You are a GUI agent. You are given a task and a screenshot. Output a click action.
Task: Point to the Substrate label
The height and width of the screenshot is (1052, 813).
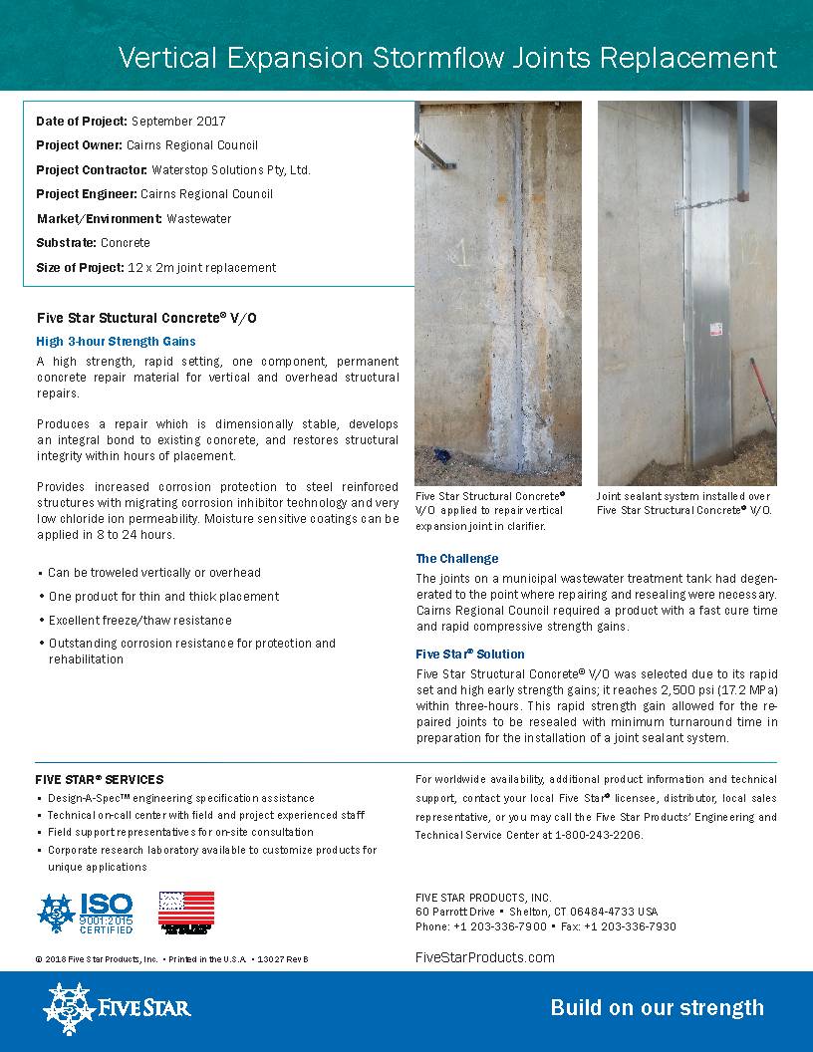coord(67,243)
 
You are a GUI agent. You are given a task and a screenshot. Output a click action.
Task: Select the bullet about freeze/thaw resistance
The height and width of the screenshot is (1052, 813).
coord(139,620)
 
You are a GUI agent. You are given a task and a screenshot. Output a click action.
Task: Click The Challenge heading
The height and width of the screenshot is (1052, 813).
coord(456,559)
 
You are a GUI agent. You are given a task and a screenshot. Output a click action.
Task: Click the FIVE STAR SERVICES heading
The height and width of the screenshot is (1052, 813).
coord(99,780)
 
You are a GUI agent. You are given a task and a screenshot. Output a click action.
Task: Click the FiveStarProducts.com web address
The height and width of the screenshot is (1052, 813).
coord(484,957)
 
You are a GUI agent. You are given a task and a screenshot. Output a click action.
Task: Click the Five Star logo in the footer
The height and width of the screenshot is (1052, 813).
coord(116,1008)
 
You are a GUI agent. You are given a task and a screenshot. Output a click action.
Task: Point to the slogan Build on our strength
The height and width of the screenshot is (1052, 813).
coord(657,1008)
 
